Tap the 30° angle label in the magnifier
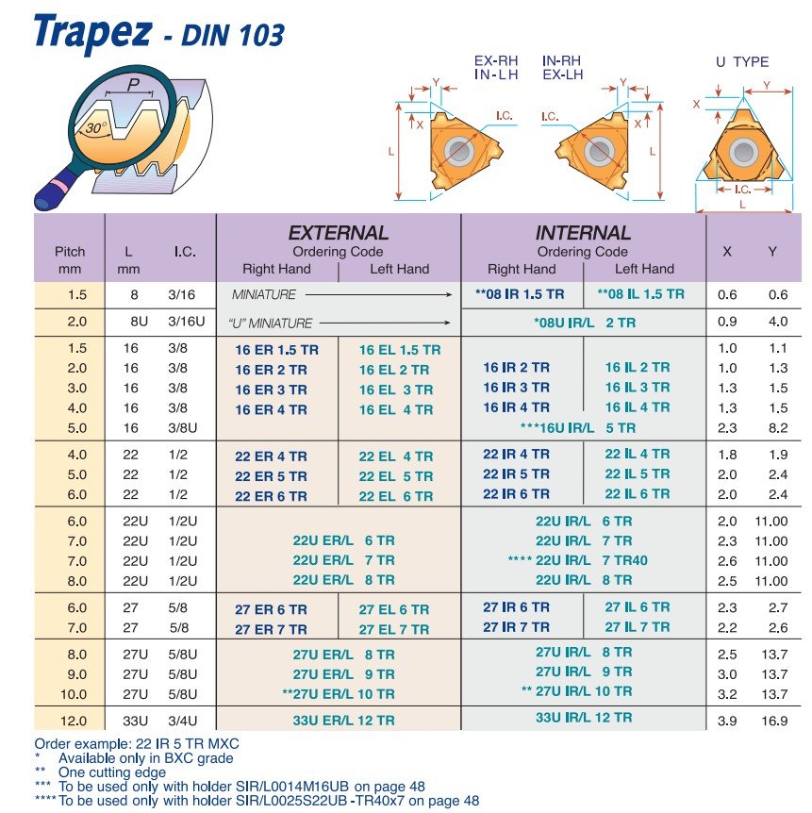[x=95, y=127]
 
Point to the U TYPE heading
[x=742, y=62]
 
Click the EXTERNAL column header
[x=338, y=233]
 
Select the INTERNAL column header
[x=582, y=233]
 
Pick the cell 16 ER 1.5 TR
[x=276, y=350]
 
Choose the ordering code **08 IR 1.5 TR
[x=521, y=294]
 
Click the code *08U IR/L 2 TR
[x=585, y=323]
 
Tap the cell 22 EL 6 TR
[x=396, y=496]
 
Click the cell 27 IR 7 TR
[x=516, y=627]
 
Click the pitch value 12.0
[x=76, y=721]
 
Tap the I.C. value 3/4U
[x=186, y=721]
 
